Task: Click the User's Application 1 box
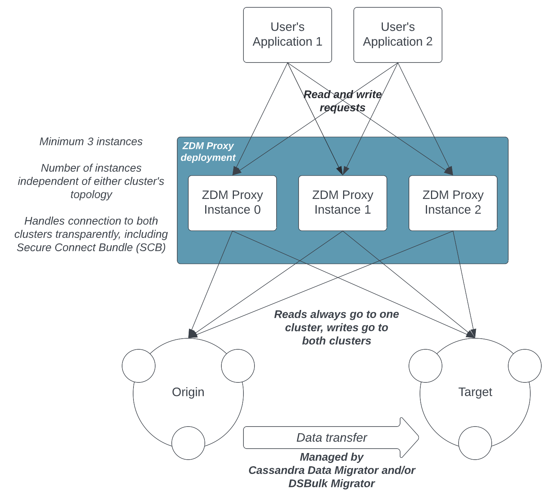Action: pyautogui.click(x=287, y=35)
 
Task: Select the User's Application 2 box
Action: pyautogui.click(x=398, y=35)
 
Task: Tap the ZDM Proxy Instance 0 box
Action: pyautogui.click(x=232, y=203)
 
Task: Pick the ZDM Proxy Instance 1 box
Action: pyautogui.click(x=342, y=203)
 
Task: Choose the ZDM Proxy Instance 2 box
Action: pyautogui.click(x=453, y=203)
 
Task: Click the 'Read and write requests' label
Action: pyautogui.click(x=342, y=101)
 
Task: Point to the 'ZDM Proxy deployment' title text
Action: pyautogui.click(x=208, y=151)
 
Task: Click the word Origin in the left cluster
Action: pyautogui.click(x=188, y=392)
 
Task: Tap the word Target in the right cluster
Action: pyautogui.click(x=475, y=392)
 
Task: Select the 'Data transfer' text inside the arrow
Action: pyautogui.click(x=331, y=438)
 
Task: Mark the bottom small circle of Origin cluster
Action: pyautogui.click(x=188, y=443)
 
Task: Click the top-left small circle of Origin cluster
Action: pyautogui.click(x=139, y=366)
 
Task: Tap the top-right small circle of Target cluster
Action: pyautogui.click(x=524, y=366)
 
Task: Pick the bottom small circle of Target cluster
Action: pyautogui.click(x=475, y=443)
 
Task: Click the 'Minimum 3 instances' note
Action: pyautogui.click(x=91, y=142)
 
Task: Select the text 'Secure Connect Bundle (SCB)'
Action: pyautogui.click(x=91, y=247)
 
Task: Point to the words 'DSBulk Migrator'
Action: pyautogui.click(x=331, y=484)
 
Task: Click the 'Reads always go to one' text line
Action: pyautogui.click(x=336, y=314)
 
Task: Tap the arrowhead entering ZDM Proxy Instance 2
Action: pyautogui.click(x=449, y=171)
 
